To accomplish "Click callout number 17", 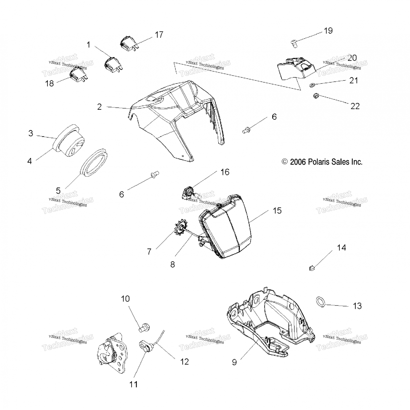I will [159, 35].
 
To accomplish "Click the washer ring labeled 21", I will [311, 86].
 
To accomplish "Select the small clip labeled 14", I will [312, 268].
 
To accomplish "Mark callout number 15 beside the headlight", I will [277, 210].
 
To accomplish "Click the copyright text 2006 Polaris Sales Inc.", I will [322, 162].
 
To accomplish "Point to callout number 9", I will [234, 362].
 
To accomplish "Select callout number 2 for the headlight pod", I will [99, 107].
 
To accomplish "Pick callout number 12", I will [184, 361].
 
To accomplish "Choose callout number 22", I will [355, 106].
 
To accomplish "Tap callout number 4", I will [30, 161].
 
